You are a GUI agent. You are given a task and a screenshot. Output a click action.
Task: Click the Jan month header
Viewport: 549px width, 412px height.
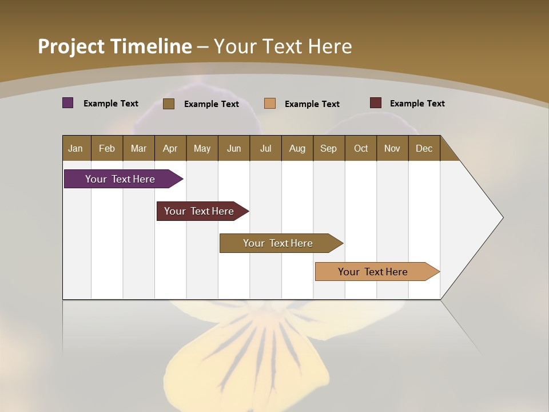pos(75,148)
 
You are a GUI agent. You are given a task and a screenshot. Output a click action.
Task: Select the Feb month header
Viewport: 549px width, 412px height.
pos(107,148)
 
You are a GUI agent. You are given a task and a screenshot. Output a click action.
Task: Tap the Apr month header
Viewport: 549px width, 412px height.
pos(170,148)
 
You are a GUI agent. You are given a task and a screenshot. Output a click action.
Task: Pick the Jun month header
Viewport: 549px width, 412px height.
pos(234,148)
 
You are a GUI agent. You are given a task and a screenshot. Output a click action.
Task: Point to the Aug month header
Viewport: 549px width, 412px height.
pos(297,148)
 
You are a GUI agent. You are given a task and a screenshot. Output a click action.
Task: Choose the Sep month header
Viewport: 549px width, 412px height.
pos(328,148)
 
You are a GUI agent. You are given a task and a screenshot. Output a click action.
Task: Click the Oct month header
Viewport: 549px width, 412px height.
pos(361,148)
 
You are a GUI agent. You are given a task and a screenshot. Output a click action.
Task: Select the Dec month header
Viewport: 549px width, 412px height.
pos(424,148)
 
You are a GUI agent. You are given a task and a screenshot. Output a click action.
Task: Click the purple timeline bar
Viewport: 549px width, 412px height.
pos(121,179)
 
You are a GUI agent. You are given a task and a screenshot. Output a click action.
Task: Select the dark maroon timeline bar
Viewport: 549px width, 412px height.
pos(200,211)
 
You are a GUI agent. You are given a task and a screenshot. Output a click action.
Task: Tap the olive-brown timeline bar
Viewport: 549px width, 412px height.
pos(279,243)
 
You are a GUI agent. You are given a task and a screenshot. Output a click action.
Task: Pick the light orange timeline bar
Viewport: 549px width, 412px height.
pos(373,272)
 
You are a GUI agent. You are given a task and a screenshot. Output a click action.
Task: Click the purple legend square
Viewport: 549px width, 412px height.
pos(68,103)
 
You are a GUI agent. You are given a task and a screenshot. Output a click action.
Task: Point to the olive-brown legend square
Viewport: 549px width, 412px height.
pos(169,104)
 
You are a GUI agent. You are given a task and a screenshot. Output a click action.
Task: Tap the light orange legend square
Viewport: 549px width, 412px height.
pos(270,104)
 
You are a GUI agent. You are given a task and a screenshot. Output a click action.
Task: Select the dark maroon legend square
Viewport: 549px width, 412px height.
pos(376,103)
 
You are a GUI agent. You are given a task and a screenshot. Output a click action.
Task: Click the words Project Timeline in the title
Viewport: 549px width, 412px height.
pos(115,46)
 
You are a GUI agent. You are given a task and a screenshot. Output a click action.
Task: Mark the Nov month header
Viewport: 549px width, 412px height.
pos(392,148)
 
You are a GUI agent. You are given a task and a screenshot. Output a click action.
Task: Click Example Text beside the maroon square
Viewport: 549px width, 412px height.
pos(417,104)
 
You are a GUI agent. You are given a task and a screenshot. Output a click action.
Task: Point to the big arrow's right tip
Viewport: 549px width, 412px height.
pos(502,217)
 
